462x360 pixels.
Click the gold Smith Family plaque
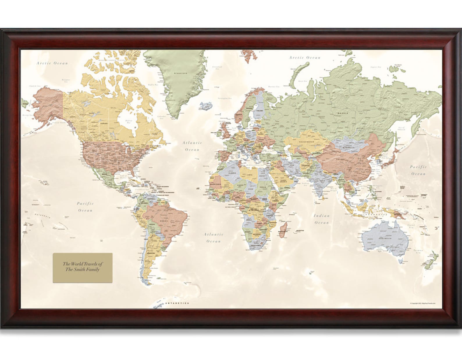pyautogui.click(x=82, y=267)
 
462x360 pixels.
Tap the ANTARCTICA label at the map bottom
pyautogui.click(x=177, y=303)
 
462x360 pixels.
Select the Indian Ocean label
pyautogui.click(x=321, y=219)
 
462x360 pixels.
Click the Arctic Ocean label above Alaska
pyautogui.click(x=52, y=63)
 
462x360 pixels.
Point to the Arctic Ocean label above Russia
pyautogui.click(x=305, y=58)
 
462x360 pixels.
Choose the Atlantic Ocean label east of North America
pyautogui.click(x=192, y=146)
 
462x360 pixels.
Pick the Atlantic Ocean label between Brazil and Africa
pyautogui.click(x=214, y=237)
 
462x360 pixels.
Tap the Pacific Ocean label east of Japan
pyautogui.click(x=418, y=170)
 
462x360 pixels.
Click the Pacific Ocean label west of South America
pyautogui.click(x=85, y=207)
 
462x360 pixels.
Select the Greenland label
pyautogui.click(x=180, y=73)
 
